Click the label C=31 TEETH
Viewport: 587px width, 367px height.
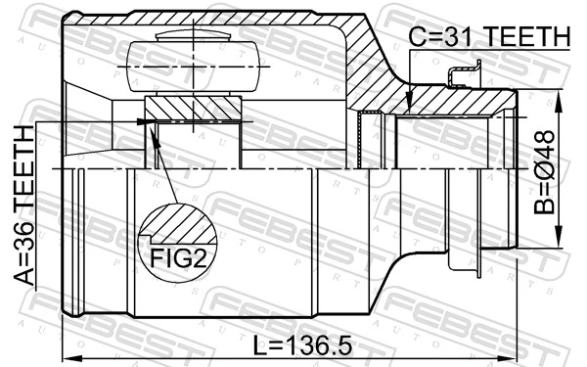pyautogui.click(x=489, y=37)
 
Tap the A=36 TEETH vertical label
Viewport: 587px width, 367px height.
pyautogui.click(x=24, y=206)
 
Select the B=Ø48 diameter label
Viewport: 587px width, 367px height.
pyautogui.click(x=544, y=172)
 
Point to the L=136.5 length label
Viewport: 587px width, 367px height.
pyautogui.click(x=302, y=345)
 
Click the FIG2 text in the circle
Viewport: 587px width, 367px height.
pyautogui.click(x=178, y=257)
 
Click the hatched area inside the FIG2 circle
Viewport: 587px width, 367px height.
pyautogui.click(x=179, y=225)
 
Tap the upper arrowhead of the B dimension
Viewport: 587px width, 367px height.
pyautogui.click(x=559, y=101)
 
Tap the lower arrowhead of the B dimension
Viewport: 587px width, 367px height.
pyautogui.click(x=559, y=236)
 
